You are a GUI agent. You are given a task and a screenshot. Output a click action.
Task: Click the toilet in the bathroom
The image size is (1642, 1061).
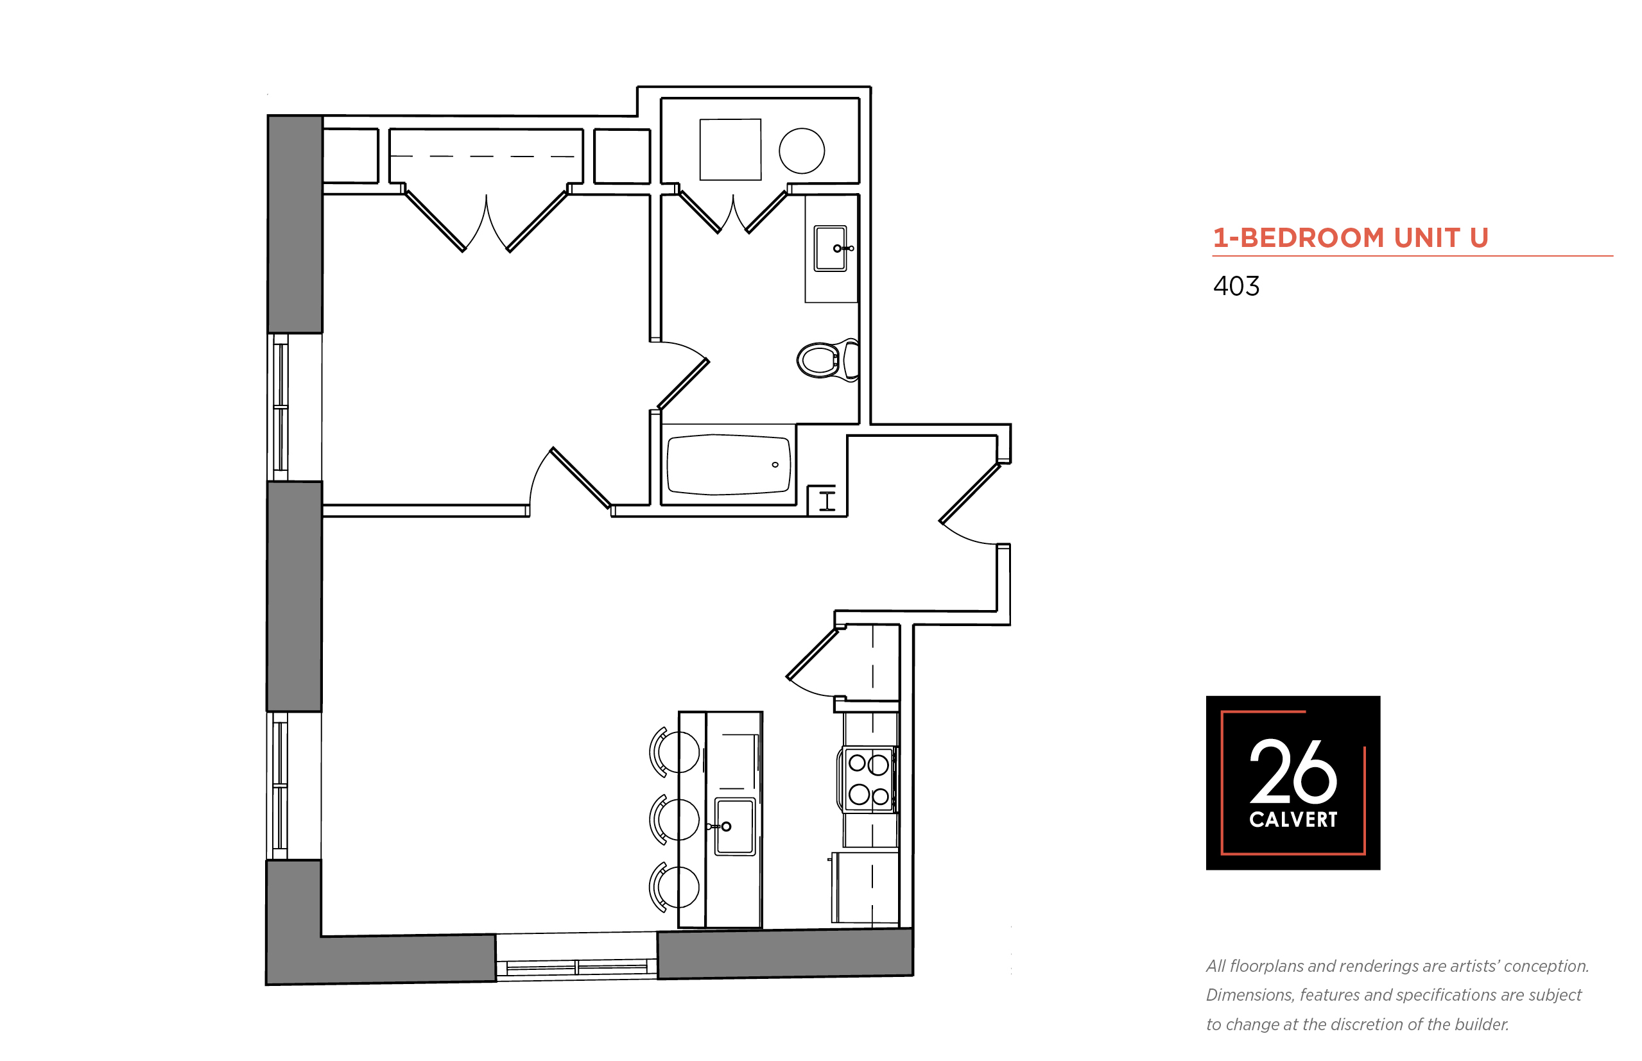point(827,360)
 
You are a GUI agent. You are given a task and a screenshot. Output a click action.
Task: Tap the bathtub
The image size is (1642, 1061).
point(729,464)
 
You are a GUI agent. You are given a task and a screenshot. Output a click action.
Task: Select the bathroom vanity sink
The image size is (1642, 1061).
point(831,248)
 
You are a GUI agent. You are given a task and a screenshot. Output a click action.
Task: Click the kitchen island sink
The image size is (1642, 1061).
point(735,826)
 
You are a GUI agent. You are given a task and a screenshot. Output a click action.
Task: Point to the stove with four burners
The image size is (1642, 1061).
point(867,779)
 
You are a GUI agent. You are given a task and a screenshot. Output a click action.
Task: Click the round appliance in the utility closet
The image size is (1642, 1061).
point(802,151)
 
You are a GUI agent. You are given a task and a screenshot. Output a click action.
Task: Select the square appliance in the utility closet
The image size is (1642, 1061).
point(730,149)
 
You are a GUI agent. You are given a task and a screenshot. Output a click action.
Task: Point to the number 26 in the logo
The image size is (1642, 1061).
point(1293,771)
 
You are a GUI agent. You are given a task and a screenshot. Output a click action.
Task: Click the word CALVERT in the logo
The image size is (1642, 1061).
point(1293,819)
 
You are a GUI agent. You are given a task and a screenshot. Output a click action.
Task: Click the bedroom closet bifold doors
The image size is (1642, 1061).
point(486,221)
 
